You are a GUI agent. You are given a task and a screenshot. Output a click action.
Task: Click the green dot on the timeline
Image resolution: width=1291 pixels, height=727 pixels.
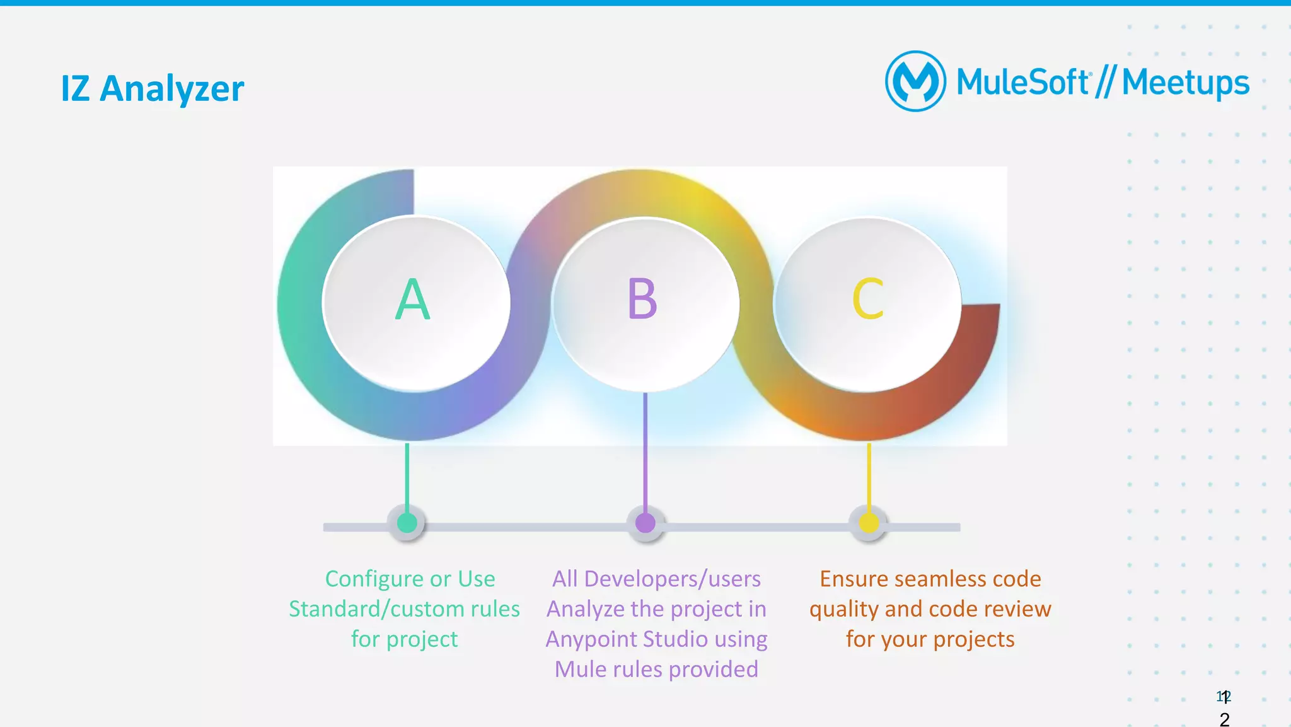[407, 523]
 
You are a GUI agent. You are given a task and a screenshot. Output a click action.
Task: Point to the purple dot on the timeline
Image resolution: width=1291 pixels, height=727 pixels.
[645, 523]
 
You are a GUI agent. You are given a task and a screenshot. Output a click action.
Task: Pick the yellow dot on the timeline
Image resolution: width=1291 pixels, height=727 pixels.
[869, 523]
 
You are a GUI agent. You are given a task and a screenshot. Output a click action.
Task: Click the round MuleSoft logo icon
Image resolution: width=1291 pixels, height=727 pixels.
[915, 81]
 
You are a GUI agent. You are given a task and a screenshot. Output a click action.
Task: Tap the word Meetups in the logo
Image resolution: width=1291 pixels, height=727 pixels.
[1185, 83]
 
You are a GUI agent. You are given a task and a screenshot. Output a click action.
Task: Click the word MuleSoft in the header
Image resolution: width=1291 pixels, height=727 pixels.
[1022, 83]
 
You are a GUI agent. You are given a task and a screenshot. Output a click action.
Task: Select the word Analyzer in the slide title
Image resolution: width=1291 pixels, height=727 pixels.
[171, 89]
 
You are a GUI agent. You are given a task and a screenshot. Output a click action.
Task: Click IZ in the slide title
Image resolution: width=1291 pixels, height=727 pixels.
[74, 89]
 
